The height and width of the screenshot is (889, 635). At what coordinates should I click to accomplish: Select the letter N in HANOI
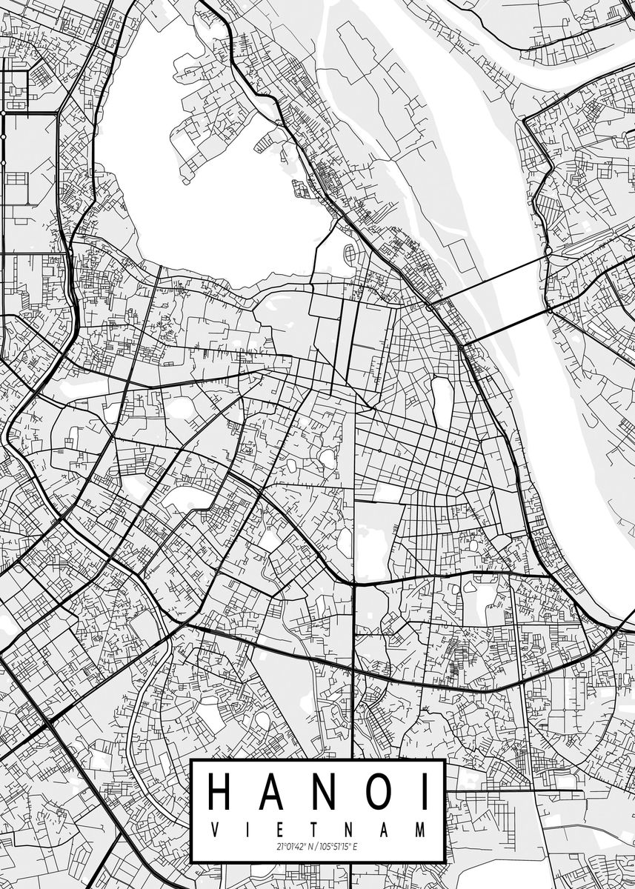[325, 790]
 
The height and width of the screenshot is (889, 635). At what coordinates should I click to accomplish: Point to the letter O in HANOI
[379, 790]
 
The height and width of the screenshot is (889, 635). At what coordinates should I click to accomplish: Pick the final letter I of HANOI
[423, 790]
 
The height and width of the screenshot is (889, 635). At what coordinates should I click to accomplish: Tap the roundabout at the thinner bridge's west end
[429, 305]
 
